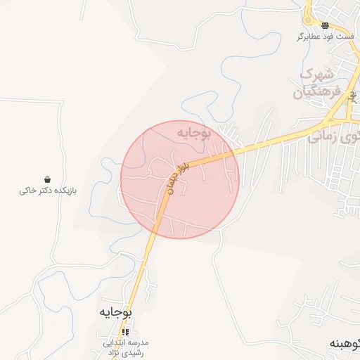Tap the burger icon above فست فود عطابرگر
click(x=324, y=25)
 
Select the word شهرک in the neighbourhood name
click(x=318, y=75)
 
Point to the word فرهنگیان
click(x=317, y=91)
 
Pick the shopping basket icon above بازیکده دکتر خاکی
click(x=46, y=180)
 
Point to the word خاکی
click(x=27, y=191)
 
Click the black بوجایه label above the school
click(x=115, y=311)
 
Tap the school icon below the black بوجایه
click(x=125, y=332)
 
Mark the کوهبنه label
click(x=345, y=345)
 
